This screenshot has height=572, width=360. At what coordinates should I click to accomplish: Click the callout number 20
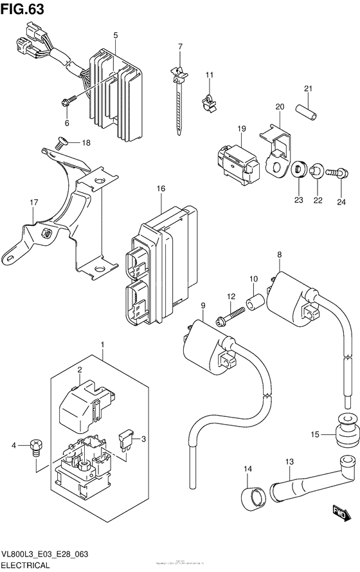point(280,107)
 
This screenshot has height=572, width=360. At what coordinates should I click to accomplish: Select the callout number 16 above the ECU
point(161,188)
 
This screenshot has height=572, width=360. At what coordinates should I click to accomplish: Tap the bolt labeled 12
point(231,315)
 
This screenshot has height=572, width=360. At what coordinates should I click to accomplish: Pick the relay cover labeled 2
point(84,405)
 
